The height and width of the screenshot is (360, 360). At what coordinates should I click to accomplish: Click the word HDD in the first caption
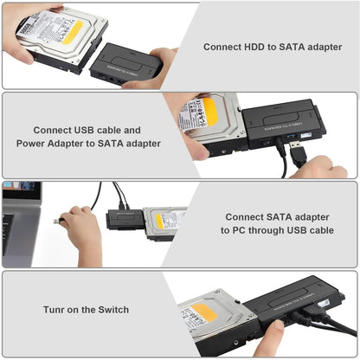coord(263,48)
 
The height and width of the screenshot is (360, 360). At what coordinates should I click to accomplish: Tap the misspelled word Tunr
coord(59,309)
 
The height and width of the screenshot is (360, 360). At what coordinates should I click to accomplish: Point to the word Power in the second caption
coord(34,144)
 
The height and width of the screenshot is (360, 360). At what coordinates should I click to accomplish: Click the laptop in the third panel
coord(20,220)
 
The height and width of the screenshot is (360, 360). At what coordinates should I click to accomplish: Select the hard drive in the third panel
coord(165,222)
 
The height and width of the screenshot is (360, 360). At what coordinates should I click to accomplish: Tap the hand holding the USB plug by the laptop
coord(81,232)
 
